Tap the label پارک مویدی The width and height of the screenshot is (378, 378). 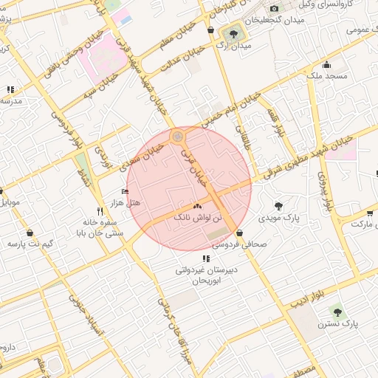[279, 219]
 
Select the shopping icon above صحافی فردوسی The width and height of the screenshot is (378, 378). [241, 234]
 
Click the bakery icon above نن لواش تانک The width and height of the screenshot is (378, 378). [197, 206]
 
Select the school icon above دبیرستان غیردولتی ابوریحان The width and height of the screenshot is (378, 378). [206, 258]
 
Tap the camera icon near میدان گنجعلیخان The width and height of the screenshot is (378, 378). [275, 9]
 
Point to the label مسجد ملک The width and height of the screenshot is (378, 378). [322, 76]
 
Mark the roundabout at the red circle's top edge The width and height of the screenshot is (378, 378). [177, 137]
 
